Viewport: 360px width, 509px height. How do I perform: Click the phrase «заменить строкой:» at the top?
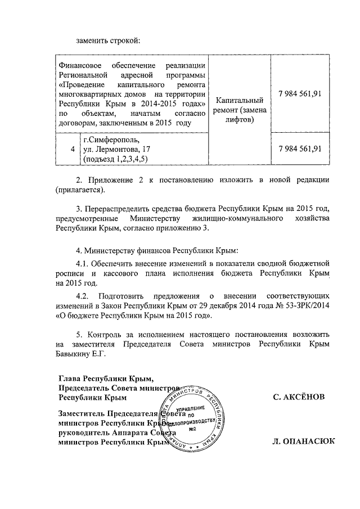(x=107, y=40)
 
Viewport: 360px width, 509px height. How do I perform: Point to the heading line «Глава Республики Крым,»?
(x=106, y=378)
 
